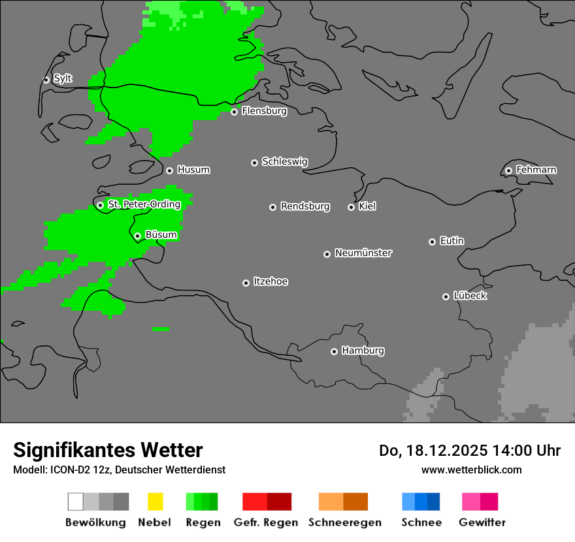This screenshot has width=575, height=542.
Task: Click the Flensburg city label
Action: click(x=264, y=111)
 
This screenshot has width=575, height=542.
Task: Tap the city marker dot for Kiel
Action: click(x=351, y=207)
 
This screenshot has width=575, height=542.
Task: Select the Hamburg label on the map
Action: click(x=363, y=351)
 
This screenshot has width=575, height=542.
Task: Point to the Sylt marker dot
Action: click(x=46, y=80)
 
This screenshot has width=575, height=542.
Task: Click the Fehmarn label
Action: click(x=536, y=170)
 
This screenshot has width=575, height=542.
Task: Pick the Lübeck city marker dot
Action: click(x=446, y=296)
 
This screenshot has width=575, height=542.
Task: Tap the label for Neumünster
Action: click(x=363, y=253)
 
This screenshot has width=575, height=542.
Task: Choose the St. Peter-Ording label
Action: click(x=144, y=204)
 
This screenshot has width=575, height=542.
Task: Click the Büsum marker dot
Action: click(x=137, y=236)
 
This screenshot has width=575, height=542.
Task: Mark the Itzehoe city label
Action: click(x=271, y=281)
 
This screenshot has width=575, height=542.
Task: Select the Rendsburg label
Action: click(x=305, y=206)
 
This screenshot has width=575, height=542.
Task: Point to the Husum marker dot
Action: click(x=169, y=170)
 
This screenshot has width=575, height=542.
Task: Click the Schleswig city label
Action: click(x=284, y=161)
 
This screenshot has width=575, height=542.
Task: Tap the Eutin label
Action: click(x=452, y=241)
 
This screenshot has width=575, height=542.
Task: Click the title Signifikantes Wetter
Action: click(x=108, y=451)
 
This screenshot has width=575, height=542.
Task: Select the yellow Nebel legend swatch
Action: click(x=155, y=502)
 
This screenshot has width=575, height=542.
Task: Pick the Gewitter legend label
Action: click(x=482, y=522)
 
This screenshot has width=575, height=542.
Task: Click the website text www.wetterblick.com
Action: click(x=471, y=470)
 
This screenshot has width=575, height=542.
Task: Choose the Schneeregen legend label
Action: click(x=345, y=522)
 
